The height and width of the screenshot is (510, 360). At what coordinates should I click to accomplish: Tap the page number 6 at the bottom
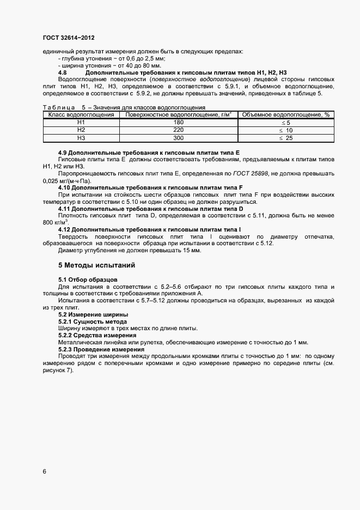[44, 471]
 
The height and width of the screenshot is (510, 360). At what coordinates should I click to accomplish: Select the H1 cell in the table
[81, 123]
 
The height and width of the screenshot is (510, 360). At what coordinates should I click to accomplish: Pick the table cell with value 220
[178, 130]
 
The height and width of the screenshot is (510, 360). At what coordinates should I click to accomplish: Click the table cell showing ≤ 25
[286, 138]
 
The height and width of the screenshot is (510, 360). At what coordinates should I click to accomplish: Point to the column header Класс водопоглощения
[81, 115]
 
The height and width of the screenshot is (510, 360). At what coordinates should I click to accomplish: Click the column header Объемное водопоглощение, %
[286, 115]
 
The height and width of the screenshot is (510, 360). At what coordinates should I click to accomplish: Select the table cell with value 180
[178, 123]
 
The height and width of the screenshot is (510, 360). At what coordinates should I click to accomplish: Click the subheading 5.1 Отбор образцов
[84, 280]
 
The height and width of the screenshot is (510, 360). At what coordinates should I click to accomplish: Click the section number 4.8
[63, 72]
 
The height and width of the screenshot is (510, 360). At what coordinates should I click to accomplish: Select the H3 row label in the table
[81, 138]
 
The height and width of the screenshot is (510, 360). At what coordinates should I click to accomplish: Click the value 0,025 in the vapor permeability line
[51, 180]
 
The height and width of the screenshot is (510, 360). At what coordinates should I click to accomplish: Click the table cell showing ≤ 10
[286, 130]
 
